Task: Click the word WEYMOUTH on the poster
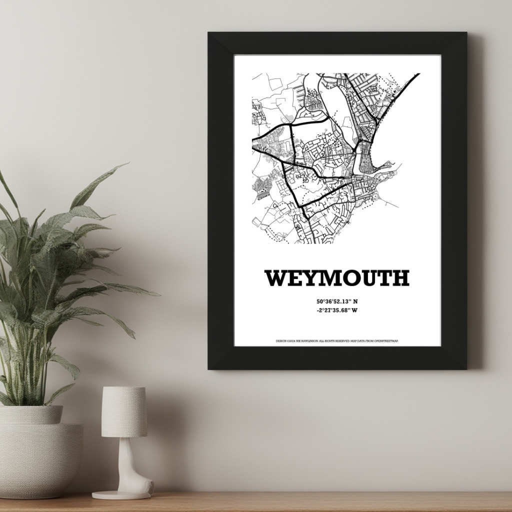(337, 278)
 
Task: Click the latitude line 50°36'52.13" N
(337, 301)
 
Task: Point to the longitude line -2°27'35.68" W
(337, 310)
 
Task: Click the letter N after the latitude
(355, 301)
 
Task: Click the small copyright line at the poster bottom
(337, 340)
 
